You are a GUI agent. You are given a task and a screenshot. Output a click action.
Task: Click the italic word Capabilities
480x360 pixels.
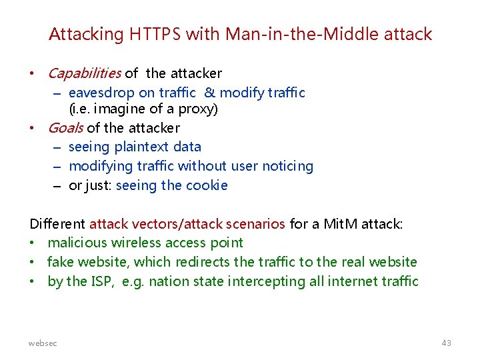pos(85,73)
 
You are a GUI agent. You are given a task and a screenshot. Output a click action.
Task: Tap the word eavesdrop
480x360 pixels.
pos(99,93)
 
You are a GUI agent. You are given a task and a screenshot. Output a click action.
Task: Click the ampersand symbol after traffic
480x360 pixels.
pos(209,93)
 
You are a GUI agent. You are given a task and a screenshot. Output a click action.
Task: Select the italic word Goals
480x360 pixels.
pos(65,127)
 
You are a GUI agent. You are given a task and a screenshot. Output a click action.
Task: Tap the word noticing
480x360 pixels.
pos(285,166)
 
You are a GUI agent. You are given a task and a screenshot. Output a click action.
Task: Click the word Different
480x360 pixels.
pos(57,224)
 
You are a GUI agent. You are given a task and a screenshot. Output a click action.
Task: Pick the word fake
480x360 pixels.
pos(61,262)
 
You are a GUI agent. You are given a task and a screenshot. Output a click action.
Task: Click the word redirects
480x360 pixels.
pos(204,262)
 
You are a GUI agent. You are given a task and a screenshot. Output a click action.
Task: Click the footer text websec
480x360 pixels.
pos(43,343)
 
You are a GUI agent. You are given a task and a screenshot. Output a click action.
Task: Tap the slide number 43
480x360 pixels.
pos(446,343)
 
